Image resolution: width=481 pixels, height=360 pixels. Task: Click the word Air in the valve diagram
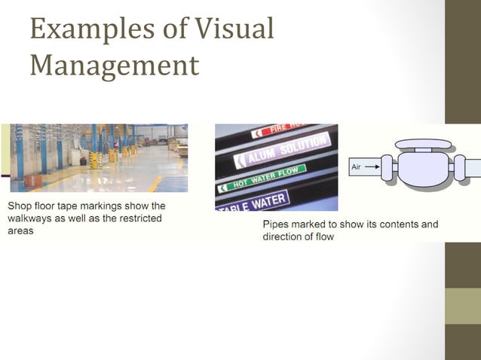[357, 166]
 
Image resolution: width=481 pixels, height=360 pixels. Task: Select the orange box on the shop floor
[31, 181]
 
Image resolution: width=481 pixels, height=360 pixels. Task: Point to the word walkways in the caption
[32, 218]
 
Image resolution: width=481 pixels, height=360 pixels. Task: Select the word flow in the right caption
[322, 236]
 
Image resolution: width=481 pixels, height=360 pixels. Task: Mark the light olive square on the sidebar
[462, 305]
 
